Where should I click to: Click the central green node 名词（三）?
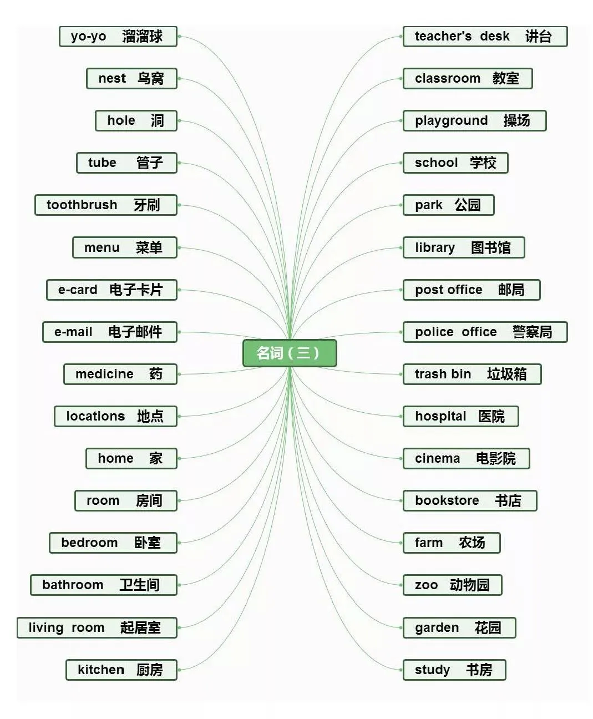click(x=290, y=353)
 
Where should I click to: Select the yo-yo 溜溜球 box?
click(x=118, y=37)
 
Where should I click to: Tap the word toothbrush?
click(x=82, y=205)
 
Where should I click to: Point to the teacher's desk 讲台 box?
click(x=485, y=37)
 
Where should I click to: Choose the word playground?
click(x=452, y=121)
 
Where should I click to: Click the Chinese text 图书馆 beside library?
click(x=490, y=247)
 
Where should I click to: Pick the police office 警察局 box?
click(x=485, y=332)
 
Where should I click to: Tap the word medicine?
click(x=104, y=374)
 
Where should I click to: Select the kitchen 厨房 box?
click(x=121, y=670)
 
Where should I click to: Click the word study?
click(x=432, y=670)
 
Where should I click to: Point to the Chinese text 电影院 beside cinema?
click(x=495, y=458)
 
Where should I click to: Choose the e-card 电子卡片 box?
click(x=111, y=290)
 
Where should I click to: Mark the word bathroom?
click(x=73, y=585)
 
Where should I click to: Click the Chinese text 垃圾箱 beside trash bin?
click(x=506, y=374)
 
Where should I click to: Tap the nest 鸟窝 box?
click(x=131, y=79)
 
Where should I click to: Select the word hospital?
click(x=440, y=416)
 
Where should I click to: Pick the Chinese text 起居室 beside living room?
click(x=140, y=627)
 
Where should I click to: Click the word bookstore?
click(x=447, y=500)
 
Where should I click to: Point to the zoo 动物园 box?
click(x=452, y=585)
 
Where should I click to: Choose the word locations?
click(x=95, y=416)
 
